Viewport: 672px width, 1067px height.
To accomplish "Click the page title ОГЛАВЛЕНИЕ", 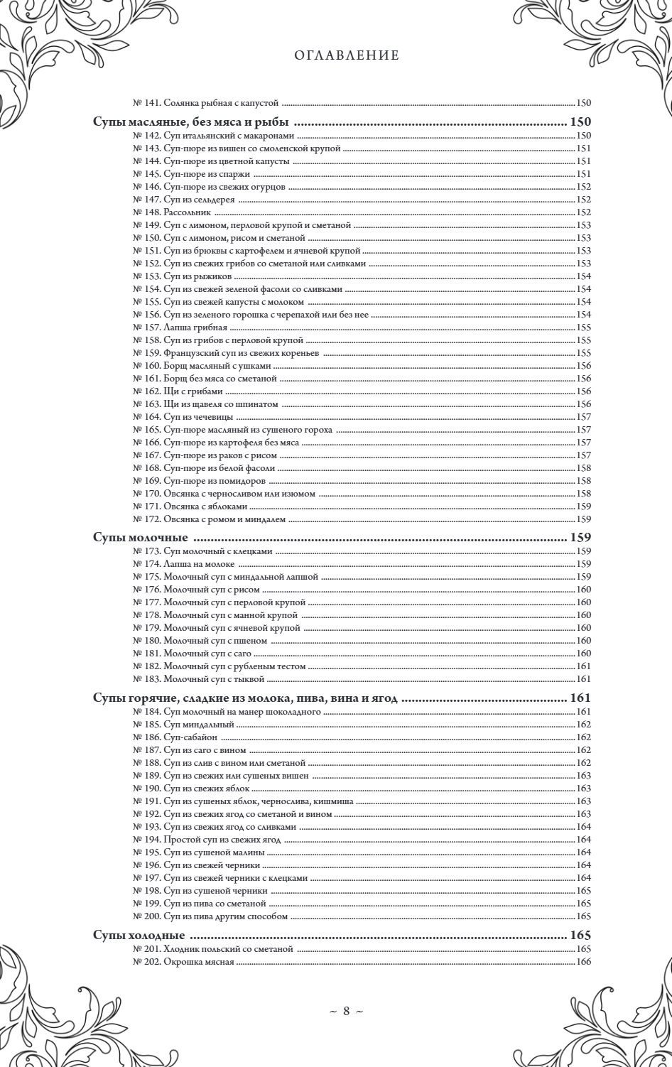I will [x=347, y=55].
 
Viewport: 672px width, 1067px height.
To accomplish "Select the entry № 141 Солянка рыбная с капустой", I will [x=207, y=102].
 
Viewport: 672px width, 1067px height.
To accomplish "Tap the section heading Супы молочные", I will [x=140, y=537].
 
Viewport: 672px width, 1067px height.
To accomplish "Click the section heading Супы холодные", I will [x=139, y=935].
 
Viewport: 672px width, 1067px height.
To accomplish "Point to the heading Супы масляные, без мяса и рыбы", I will [x=193, y=121].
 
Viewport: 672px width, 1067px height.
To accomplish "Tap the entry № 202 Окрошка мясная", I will [x=183, y=962].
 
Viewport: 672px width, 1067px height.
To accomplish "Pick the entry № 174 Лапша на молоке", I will [x=183, y=564].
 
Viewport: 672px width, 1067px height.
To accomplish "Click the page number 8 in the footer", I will [x=347, y=1011].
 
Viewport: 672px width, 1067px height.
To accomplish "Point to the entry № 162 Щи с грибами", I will [x=178, y=391].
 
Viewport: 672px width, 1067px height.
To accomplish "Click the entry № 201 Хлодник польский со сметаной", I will [x=212, y=949].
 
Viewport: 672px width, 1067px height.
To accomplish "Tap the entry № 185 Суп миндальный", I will [x=183, y=725].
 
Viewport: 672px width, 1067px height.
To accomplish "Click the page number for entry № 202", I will [x=584, y=962].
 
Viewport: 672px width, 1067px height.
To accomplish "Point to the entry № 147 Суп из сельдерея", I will [x=183, y=200].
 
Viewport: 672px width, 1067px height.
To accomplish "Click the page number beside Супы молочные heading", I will [x=580, y=537].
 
